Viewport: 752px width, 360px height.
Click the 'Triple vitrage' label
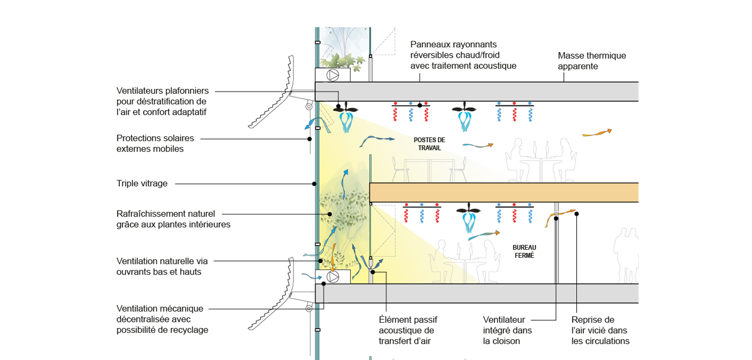tap(142, 183)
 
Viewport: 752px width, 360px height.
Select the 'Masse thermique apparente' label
tap(591, 61)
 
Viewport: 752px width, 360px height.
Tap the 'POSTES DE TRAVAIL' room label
tap(429, 144)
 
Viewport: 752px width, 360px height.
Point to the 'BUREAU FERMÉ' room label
tap(524, 251)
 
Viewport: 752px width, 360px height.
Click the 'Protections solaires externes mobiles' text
tap(155, 143)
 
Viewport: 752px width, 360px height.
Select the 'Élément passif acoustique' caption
tap(407, 330)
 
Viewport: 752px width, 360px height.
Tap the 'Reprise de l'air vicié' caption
tap(600, 330)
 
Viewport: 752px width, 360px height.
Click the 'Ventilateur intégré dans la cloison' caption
tap(507, 330)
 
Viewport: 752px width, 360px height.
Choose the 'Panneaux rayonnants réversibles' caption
tap(463, 55)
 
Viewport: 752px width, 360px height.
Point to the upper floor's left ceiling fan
tap(345, 110)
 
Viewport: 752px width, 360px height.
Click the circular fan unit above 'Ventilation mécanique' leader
tap(333, 277)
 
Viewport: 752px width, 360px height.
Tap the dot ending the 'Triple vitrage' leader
tap(314, 184)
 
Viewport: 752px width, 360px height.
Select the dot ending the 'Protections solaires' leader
tap(309, 139)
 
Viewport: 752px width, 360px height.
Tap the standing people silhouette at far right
tap(626, 255)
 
